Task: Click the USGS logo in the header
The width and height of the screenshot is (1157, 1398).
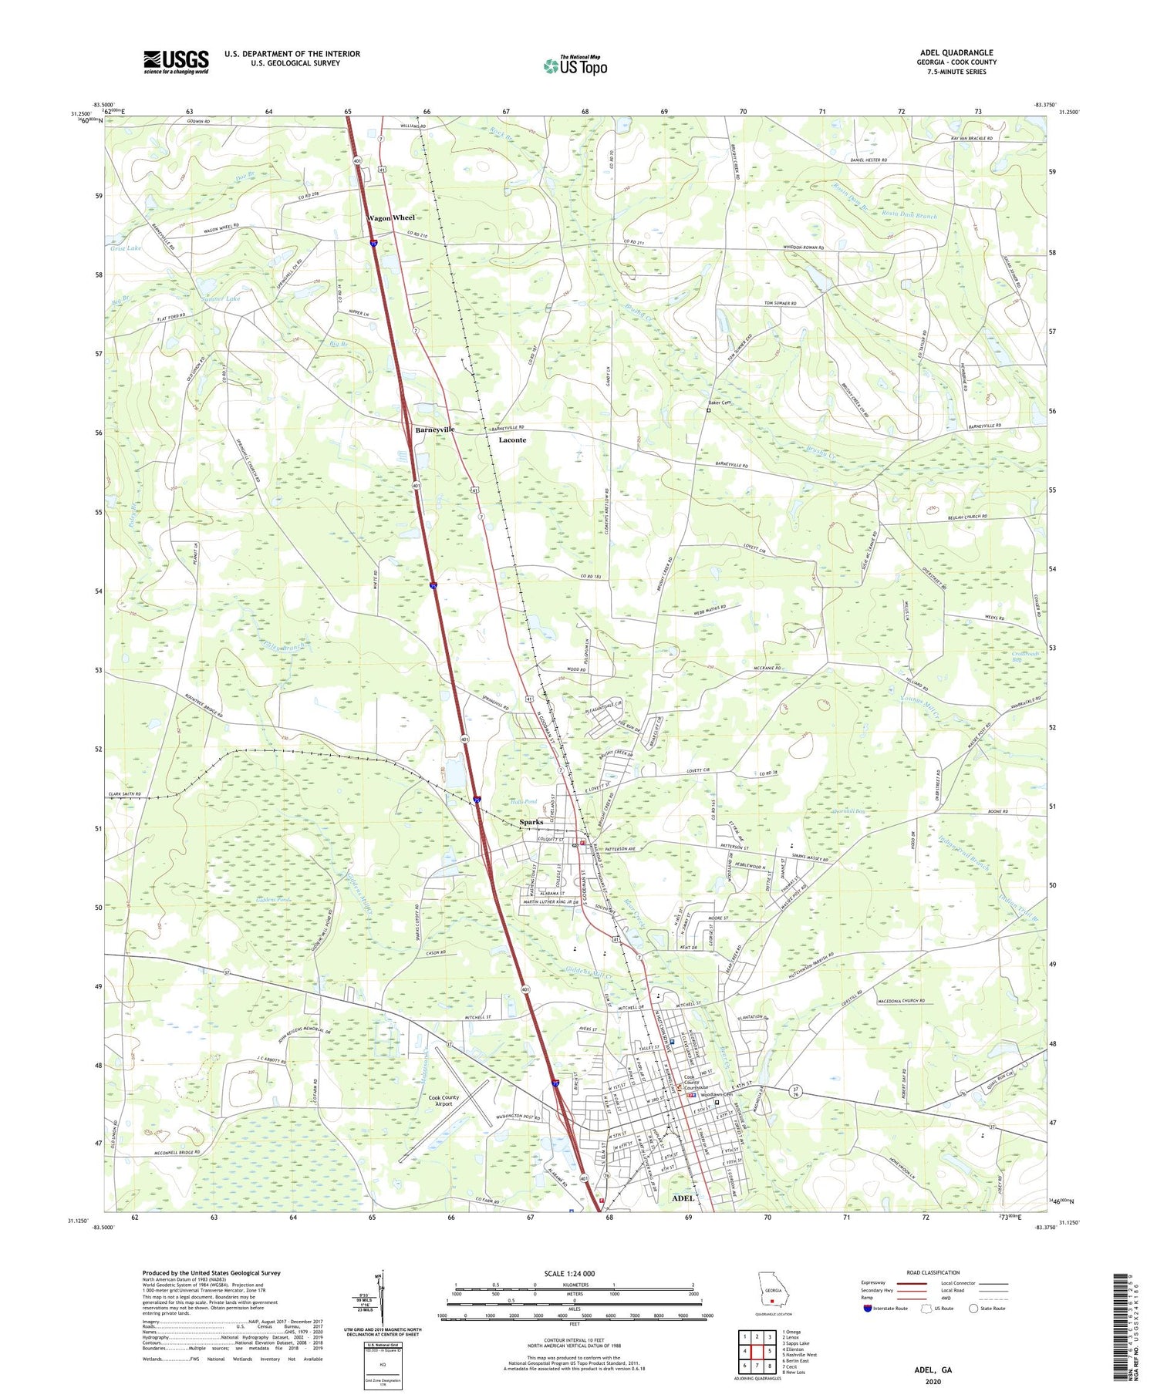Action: click(176, 62)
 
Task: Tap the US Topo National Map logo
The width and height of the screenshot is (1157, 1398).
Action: click(575, 66)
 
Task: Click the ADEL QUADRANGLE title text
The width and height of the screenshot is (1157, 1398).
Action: click(956, 52)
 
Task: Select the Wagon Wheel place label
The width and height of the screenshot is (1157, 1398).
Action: click(390, 217)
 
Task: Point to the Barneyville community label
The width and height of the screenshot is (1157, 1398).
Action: click(434, 430)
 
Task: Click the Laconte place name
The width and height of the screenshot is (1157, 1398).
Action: click(512, 440)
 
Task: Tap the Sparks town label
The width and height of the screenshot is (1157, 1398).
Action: click(531, 822)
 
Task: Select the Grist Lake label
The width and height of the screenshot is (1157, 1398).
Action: click(126, 248)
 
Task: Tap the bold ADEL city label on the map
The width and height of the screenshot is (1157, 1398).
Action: click(683, 1198)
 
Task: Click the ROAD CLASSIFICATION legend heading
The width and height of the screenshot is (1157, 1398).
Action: click(934, 1272)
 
